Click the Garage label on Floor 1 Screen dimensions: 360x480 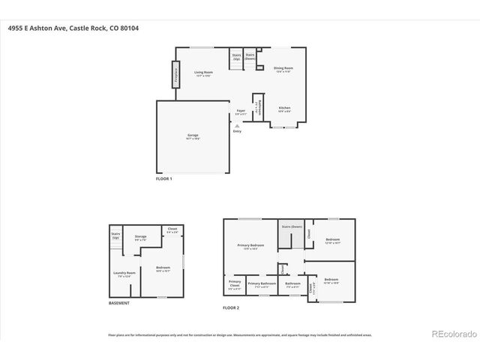tap(193, 136)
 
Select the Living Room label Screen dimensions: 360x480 tap(203, 73)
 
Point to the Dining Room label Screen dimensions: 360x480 tap(283, 69)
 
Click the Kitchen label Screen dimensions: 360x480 tap(284, 109)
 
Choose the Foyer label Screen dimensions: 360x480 tap(241, 112)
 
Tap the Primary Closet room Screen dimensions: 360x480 tap(234, 285)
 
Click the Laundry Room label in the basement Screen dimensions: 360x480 tap(124, 274)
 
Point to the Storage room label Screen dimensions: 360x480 tap(140, 238)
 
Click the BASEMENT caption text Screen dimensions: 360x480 tap(119, 303)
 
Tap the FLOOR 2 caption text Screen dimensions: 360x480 tap(231, 307)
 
